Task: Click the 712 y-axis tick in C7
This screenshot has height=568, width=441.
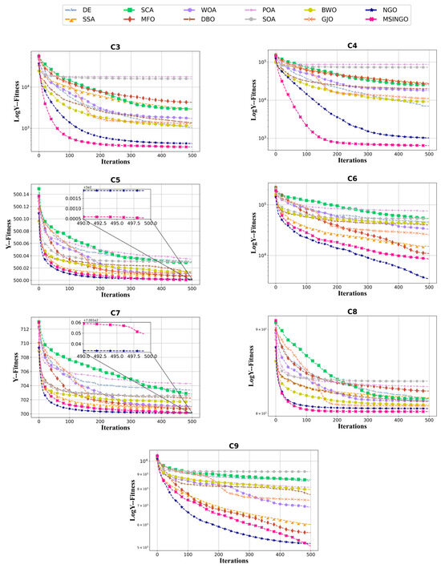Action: [x=26, y=328]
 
